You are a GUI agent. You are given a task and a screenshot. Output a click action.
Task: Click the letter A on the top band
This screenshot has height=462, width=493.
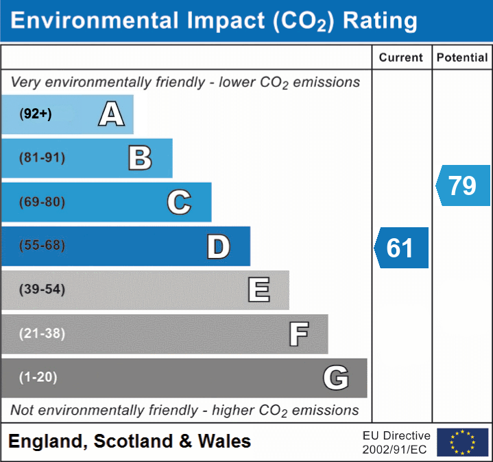coord(111,114)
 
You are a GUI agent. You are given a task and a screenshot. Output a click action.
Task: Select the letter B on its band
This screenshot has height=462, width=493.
coord(140,158)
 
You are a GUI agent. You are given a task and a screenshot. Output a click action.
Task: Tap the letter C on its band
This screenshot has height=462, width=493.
coord(179,202)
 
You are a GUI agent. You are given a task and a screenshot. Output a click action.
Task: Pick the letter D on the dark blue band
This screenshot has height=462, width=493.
coord(218,246)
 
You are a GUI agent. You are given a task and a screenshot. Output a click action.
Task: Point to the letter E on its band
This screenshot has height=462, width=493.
coord(258,290)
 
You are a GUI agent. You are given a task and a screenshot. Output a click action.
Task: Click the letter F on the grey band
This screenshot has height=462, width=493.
coord(298,335)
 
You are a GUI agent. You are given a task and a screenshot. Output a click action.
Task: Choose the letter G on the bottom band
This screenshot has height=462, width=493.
coord(336,378)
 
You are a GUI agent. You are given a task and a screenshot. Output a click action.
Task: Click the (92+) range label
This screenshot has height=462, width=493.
coord(36,114)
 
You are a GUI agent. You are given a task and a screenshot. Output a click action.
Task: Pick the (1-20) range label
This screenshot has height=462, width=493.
coord(38,377)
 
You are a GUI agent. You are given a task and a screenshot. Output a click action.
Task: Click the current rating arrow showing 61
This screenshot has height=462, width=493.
coord(402,248)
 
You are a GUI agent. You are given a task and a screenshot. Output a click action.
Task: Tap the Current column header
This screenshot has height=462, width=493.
coord(401,58)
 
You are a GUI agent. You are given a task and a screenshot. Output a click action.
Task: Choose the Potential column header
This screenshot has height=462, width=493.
coord(462,58)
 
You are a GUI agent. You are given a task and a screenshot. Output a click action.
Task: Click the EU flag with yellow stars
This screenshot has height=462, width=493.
coord(463,442)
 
